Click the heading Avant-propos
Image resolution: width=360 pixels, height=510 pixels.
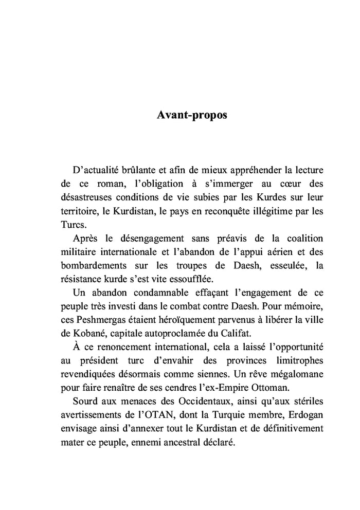191,116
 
